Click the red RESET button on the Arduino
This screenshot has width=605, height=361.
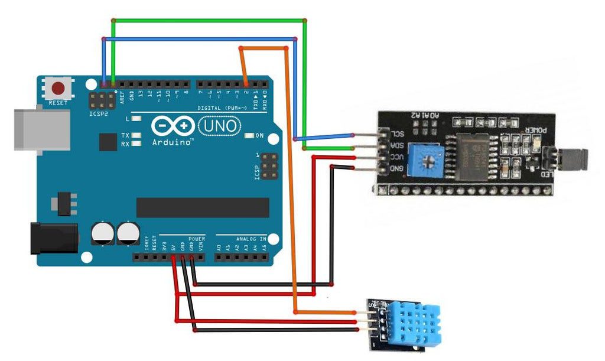coord(58,89)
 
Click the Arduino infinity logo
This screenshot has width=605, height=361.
coord(173,126)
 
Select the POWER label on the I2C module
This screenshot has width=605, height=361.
coord(536,131)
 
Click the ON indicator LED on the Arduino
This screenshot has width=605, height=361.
coord(249,135)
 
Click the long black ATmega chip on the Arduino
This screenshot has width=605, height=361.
coord(202,207)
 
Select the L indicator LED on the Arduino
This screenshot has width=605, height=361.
coord(136,118)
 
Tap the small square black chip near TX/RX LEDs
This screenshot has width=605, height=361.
coord(108,142)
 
